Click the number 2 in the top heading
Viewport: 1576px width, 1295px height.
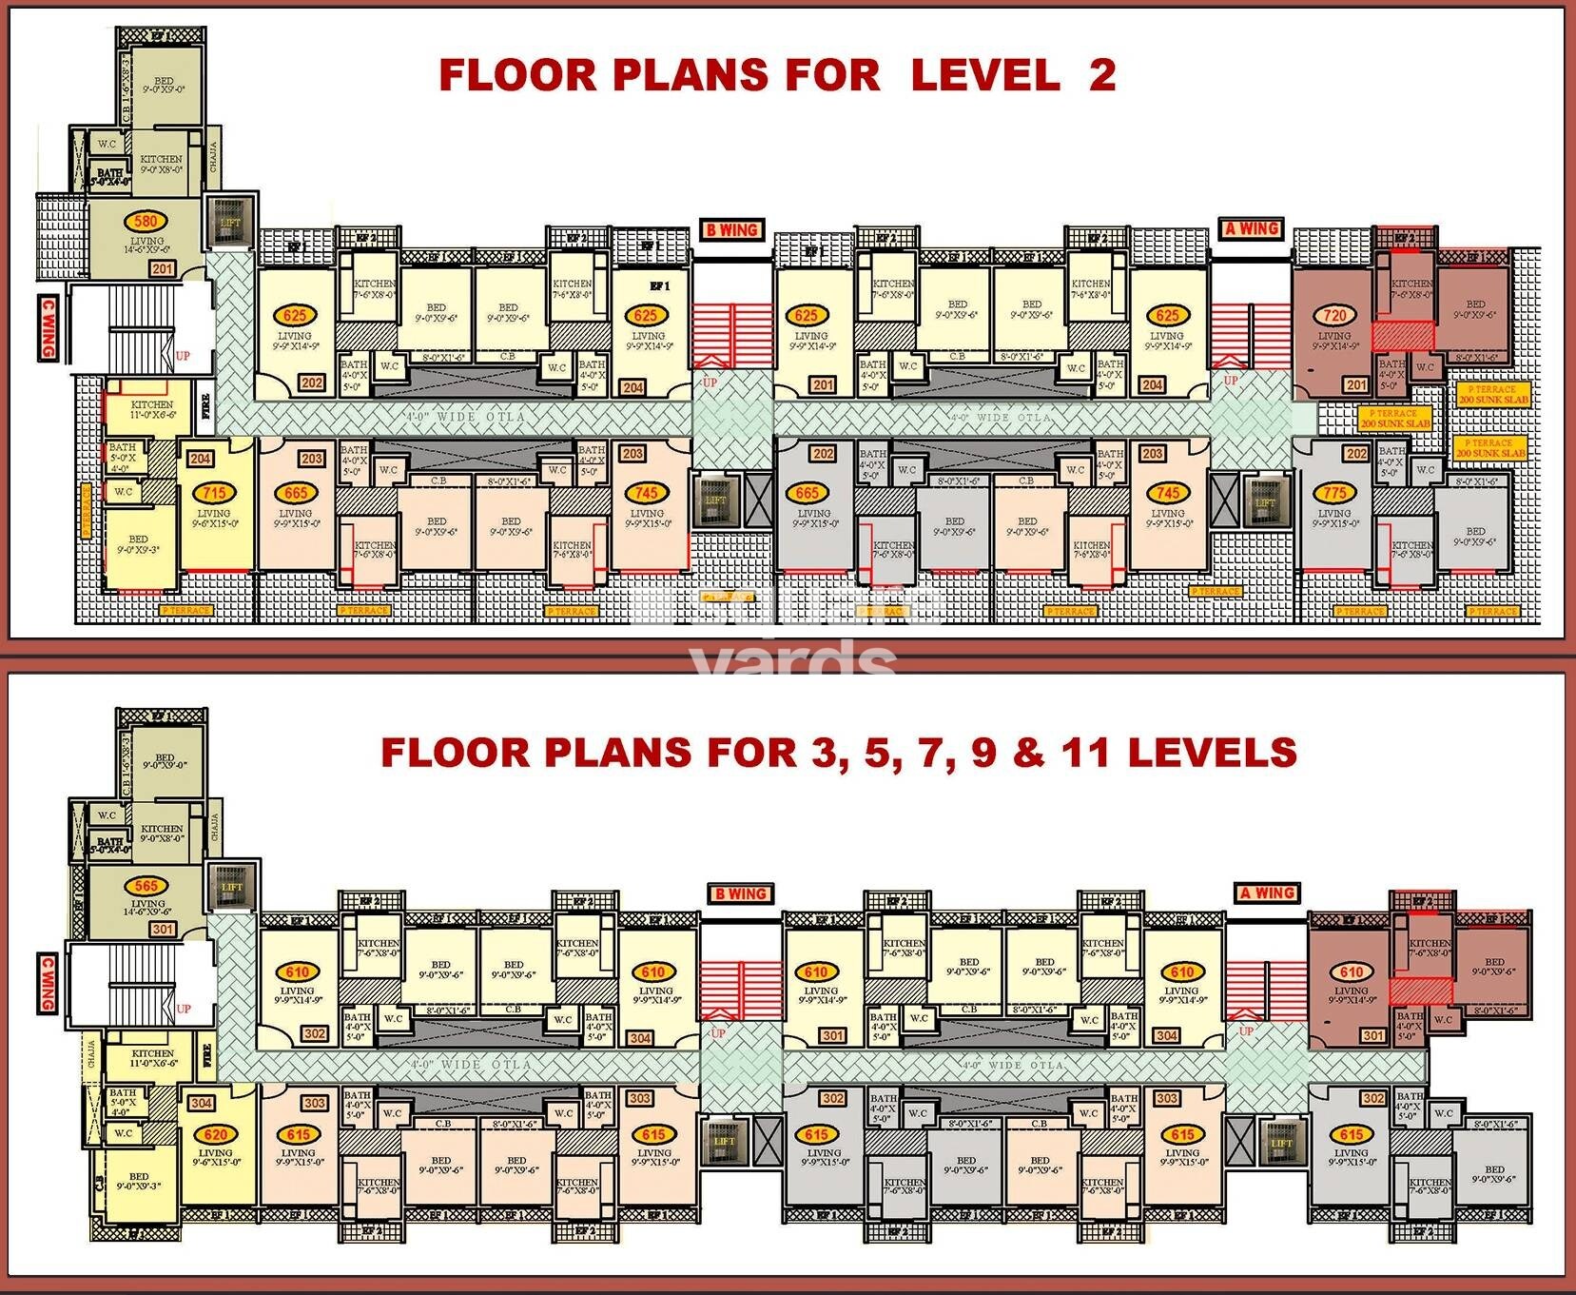click(x=1102, y=74)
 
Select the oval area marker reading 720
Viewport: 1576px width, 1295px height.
click(x=1334, y=315)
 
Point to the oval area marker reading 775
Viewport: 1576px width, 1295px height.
click(x=1334, y=493)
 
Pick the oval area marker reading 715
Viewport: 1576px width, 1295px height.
click(x=214, y=493)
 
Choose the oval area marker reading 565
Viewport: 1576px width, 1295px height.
click(x=146, y=886)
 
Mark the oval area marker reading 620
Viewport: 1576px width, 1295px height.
click(x=216, y=1134)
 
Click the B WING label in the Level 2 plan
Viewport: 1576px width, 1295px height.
click(x=731, y=230)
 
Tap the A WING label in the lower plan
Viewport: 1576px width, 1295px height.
click(x=1268, y=893)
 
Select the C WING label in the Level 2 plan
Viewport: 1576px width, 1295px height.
click(x=47, y=328)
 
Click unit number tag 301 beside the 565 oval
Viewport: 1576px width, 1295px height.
click(x=163, y=929)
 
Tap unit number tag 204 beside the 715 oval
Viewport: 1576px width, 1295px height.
click(x=200, y=459)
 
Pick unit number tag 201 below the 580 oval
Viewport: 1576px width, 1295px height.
click(x=162, y=269)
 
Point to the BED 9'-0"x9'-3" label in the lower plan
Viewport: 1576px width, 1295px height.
click(x=139, y=1182)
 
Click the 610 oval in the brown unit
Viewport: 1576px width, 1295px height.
click(x=1352, y=972)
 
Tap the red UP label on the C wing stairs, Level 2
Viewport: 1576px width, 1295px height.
click(x=183, y=356)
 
